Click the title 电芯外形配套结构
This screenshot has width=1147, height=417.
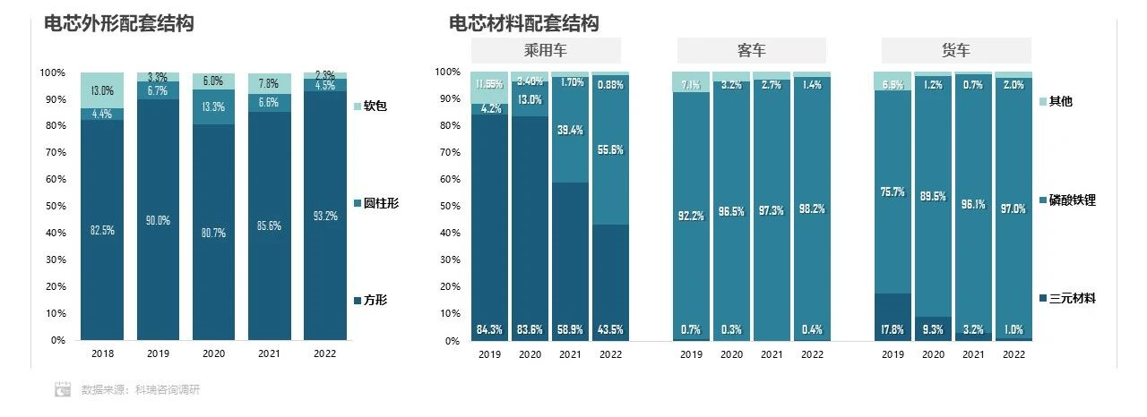pyautogui.click(x=119, y=24)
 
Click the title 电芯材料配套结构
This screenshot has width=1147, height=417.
pyautogui.click(x=524, y=23)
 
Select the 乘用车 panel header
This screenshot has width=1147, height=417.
pyautogui.click(x=546, y=51)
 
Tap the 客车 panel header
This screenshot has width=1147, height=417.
pyautogui.click(x=751, y=51)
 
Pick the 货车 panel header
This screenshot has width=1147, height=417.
pyautogui.click(x=955, y=51)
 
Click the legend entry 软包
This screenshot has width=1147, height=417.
pyautogui.click(x=375, y=106)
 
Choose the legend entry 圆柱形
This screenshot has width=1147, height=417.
pyautogui.click(x=380, y=203)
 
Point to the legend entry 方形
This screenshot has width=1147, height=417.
pyautogui.click(x=375, y=300)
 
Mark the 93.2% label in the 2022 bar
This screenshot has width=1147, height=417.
pyautogui.click(x=325, y=217)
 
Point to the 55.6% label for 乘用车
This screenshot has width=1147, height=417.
pyautogui.click(x=610, y=150)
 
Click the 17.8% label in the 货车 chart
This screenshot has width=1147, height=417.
pyautogui.click(x=892, y=329)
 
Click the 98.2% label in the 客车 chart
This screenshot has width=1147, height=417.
pyautogui.click(x=812, y=209)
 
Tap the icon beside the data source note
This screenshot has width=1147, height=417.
pyautogui.click(x=63, y=389)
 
